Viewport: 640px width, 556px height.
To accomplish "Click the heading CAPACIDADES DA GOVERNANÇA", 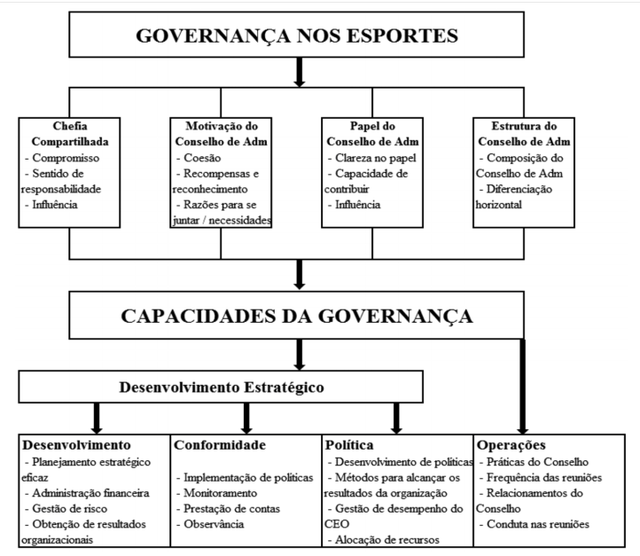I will tap(300, 316).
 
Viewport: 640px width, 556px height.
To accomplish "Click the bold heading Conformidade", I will tap(219, 444).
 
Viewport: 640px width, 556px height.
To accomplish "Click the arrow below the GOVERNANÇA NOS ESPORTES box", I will tap(300, 73).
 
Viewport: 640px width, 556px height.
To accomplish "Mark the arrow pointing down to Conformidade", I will tap(244, 416).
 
